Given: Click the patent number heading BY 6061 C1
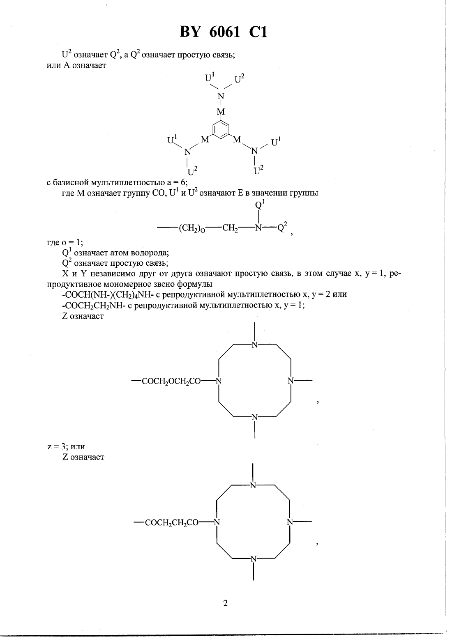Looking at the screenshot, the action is [224, 32].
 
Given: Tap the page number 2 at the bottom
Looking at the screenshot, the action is [225, 603].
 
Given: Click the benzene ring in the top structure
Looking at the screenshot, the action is [221, 130].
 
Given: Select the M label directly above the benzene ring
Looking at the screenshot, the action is [221, 112].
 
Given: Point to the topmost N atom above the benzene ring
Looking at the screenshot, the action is [221, 96].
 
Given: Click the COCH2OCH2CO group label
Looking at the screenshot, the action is [171, 381].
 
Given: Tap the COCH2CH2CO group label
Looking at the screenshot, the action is [172, 523].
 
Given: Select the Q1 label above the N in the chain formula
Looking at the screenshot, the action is [260, 205].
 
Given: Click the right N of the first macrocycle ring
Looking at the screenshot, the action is [291, 381].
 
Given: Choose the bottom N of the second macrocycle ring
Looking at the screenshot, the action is [254, 559].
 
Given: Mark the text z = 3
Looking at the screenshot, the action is [57, 446].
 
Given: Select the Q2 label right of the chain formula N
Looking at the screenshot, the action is [283, 227].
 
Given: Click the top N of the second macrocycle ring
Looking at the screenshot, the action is [253, 485].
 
